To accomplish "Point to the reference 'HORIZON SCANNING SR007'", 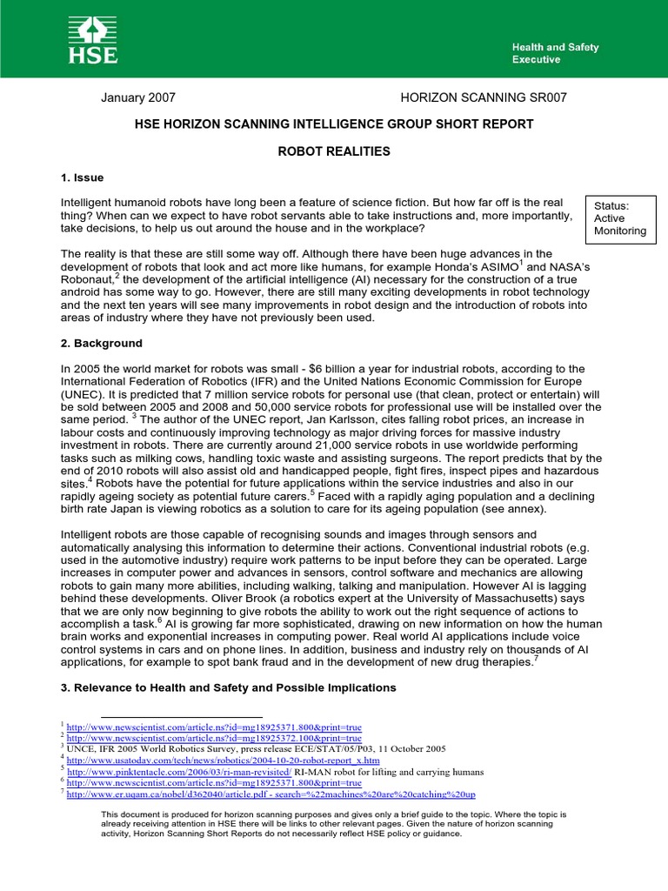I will pyautogui.click(x=483, y=97).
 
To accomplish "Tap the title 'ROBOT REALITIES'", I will pyautogui.click(x=334, y=151).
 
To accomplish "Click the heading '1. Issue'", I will pyautogui.click(x=83, y=178).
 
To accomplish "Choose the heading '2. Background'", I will pyautogui.click(x=102, y=344).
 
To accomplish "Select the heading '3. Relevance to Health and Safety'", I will pyautogui.click(x=228, y=687).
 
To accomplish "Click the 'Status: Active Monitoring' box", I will pyautogui.click(x=619, y=218).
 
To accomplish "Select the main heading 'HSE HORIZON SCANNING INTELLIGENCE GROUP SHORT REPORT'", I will pyautogui.click(x=334, y=124).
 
